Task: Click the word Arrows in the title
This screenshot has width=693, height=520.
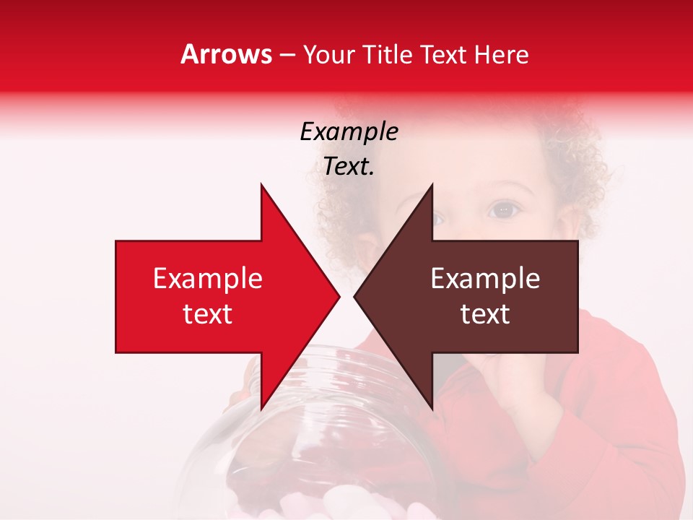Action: [226, 54]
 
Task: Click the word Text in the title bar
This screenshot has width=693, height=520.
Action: [444, 55]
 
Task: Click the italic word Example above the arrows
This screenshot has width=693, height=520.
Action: [349, 132]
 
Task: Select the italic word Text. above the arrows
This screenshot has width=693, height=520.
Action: [349, 167]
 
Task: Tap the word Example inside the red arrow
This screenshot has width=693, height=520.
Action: [207, 279]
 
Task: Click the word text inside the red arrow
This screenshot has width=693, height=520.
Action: [207, 314]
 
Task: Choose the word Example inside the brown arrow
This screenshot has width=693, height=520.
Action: [485, 279]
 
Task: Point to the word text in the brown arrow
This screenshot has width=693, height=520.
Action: [485, 314]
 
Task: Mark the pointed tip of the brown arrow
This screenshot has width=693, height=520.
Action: [355, 296]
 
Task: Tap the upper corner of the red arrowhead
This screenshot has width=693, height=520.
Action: [261, 186]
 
